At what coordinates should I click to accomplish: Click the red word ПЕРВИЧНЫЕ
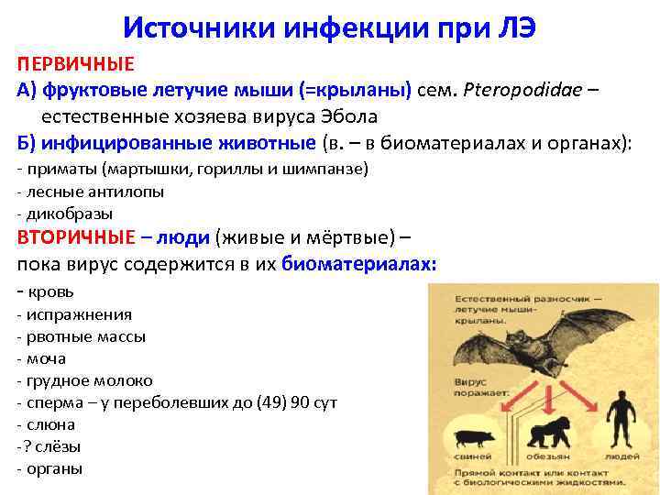[x=76, y=64]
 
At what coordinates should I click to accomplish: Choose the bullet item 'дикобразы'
[x=60, y=213]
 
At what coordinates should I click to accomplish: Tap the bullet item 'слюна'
[x=51, y=424]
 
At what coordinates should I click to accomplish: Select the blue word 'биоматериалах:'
[x=359, y=264]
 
